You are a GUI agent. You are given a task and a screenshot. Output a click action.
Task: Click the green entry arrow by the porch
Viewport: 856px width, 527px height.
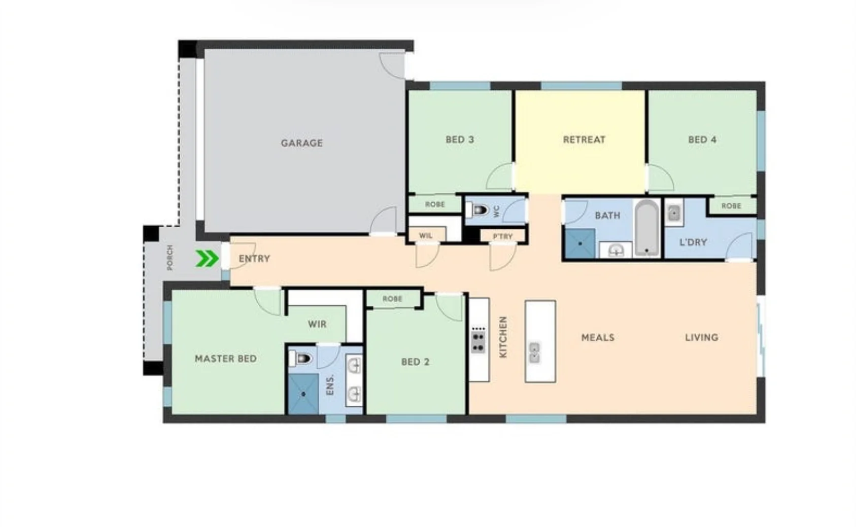click(x=207, y=259)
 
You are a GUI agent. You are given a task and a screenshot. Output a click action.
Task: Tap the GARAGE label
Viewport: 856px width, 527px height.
click(x=301, y=143)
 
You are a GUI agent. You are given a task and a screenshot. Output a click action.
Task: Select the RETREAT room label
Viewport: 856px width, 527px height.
click(x=584, y=139)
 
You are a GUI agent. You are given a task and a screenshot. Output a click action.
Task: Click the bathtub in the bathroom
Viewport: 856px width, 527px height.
click(x=646, y=228)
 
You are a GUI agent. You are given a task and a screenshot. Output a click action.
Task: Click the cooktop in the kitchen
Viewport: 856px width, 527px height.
click(x=478, y=340)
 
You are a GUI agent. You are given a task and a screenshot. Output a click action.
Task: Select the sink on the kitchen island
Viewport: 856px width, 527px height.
click(x=534, y=352)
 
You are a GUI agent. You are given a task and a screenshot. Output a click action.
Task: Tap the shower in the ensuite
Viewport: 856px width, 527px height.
click(x=303, y=394)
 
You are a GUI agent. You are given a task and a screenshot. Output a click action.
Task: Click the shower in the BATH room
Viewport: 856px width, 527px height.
click(x=579, y=243)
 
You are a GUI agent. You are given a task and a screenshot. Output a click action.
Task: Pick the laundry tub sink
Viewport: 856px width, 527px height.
click(x=674, y=213)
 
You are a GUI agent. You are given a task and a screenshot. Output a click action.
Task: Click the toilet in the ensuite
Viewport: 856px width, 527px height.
click(x=301, y=359)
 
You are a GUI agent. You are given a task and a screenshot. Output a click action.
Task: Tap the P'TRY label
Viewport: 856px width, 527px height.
click(x=502, y=236)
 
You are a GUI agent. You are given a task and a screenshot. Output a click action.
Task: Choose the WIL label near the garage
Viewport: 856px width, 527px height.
click(x=426, y=236)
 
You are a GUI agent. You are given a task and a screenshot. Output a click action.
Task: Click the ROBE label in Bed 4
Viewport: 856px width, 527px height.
click(x=731, y=206)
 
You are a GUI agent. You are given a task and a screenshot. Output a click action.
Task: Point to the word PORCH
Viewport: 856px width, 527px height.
click(x=169, y=258)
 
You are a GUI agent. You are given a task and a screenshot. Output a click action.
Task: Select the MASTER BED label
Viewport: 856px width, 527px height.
click(x=225, y=359)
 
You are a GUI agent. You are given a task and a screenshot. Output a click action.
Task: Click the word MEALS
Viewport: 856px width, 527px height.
click(x=598, y=337)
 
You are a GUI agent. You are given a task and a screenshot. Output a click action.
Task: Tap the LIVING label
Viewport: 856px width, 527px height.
click(x=701, y=337)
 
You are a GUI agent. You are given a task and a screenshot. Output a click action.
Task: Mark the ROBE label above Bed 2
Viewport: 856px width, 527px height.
click(x=392, y=299)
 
